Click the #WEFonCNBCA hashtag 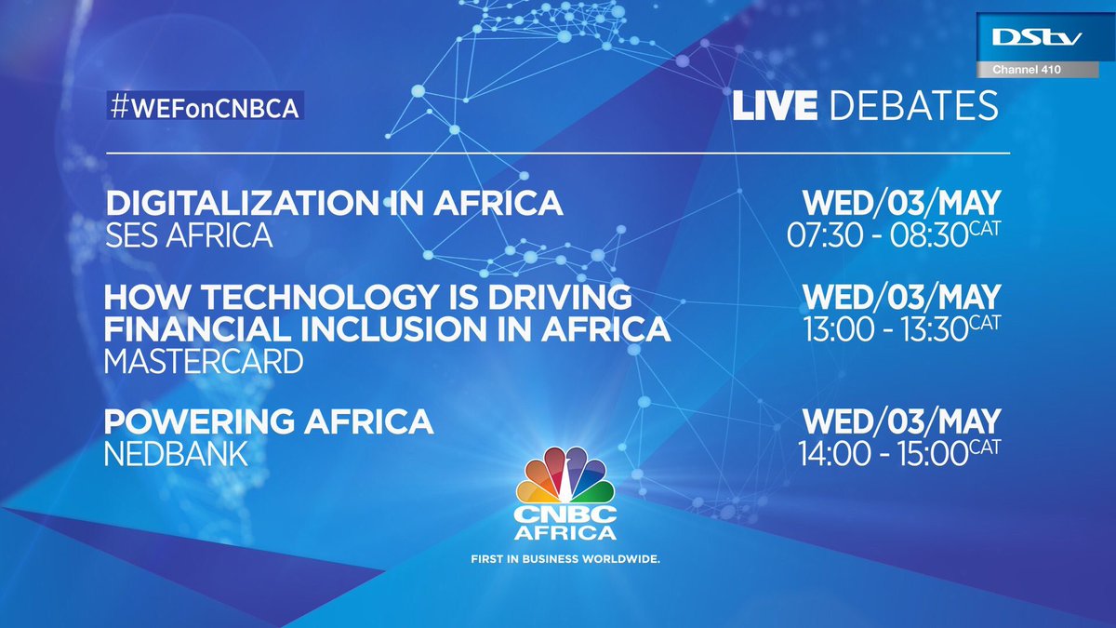pos(206,107)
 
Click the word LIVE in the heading pos(774,105)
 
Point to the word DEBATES pos(912,105)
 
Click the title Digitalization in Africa pos(334,202)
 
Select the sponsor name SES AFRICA pos(189,235)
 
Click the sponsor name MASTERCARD pos(204,362)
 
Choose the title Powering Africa pos(269,421)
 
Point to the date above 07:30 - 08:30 pos(901,202)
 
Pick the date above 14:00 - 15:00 pos(901,421)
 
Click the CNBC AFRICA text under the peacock pos(567,523)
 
